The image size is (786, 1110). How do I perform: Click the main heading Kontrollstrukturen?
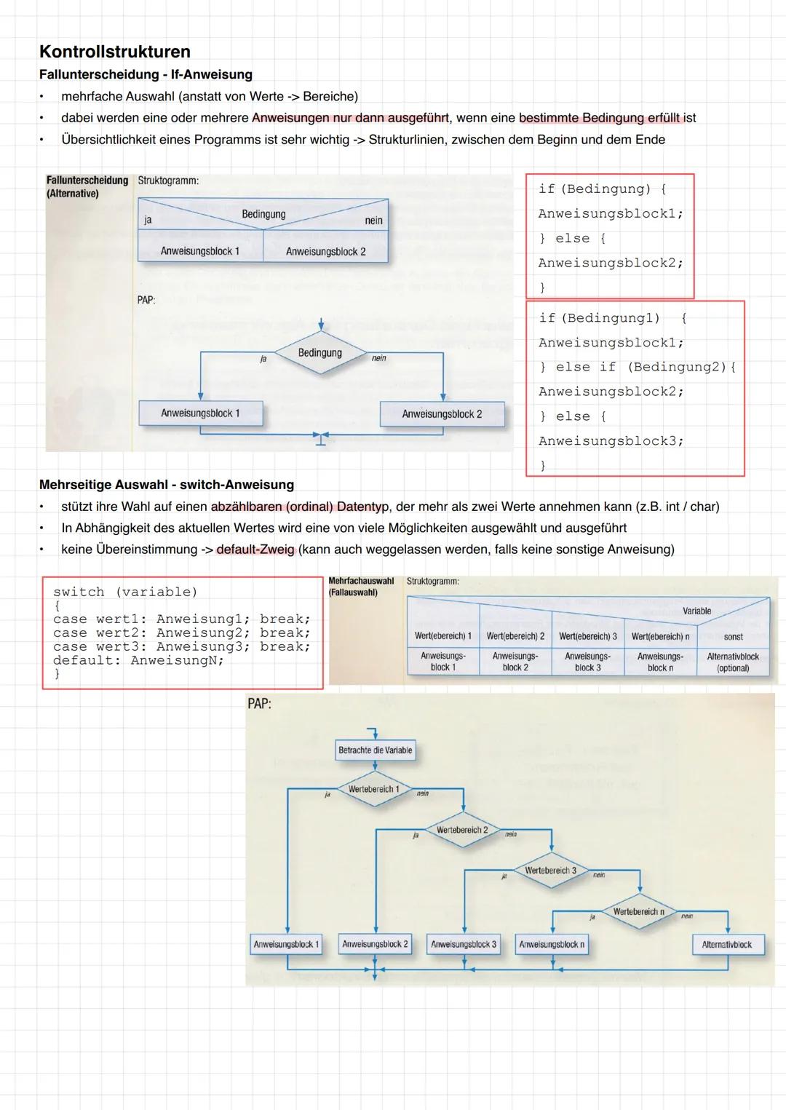pyautogui.click(x=115, y=52)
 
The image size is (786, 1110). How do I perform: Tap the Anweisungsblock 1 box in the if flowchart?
pyautogui.click(x=200, y=413)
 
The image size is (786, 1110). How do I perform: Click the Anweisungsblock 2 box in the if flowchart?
pyautogui.click(x=442, y=414)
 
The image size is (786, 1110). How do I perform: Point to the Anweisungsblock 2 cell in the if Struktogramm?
pyautogui.click(x=325, y=251)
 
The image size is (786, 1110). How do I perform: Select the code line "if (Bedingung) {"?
pyautogui.click(x=602, y=189)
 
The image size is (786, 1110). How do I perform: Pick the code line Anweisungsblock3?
pyautogui.click(x=611, y=440)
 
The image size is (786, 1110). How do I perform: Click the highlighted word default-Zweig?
pyautogui.click(x=255, y=549)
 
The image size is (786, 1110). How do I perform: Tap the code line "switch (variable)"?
pyautogui.click(x=125, y=592)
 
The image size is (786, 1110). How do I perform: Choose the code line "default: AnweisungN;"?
pyautogui.click(x=138, y=660)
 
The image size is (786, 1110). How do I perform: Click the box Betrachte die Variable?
pyautogui.click(x=375, y=750)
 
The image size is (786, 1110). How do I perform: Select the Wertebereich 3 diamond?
pyautogui.click(x=551, y=871)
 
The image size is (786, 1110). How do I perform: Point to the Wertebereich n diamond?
pyautogui.click(x=639, y=912)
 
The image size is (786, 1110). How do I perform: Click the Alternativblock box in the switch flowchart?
pyautogui.click(x=727, y=945)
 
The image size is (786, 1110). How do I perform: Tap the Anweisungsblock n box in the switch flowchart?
pyautogui.click(x=552, y=945)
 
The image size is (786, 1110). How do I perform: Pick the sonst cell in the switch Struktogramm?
pyautogui.click(x=733, y=636)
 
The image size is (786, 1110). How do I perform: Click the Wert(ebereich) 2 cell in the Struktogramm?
pyautogui.click(x=515, y=636)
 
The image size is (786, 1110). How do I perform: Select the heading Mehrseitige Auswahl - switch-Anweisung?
pyautogui.click(x=167, y=485)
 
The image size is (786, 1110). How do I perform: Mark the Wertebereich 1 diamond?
pyautogui.click(x=374, y=790)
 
